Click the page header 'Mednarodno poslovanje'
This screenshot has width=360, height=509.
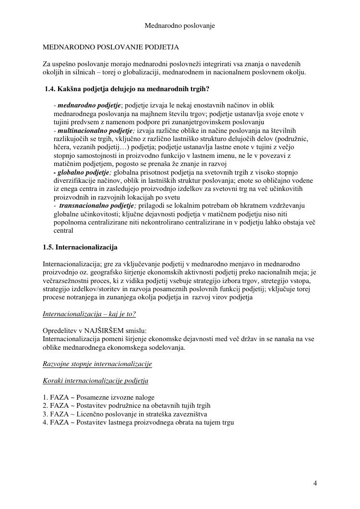[x=180, y=26]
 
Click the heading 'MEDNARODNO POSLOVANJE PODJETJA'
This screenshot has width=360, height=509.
[x=111, y=47]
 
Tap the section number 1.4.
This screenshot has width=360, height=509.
[x=50, y=89]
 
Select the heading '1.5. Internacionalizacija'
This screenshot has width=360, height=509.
[x=80, y=248]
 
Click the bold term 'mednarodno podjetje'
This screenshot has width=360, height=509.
[x=89, y=105]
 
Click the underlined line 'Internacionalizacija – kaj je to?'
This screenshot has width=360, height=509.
[x=89, y=314]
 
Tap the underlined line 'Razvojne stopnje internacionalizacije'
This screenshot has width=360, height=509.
[x=97, y=364]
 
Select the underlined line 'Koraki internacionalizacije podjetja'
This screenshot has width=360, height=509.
[x=96, y=381]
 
